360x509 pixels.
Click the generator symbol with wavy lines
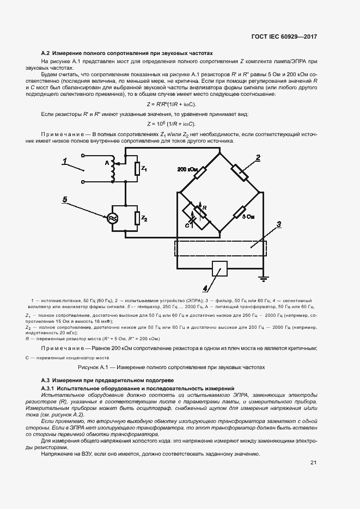click(x=113, y=218)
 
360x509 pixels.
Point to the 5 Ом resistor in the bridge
click(x=240, y=213)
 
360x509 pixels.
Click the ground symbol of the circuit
click(x=265, y=279)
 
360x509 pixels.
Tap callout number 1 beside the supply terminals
click(x=64, y=162)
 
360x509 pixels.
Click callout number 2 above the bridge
click(x=258, y=158)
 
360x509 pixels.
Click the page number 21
click(x=313, y=463)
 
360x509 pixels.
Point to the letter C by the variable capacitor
click(x=187, y=224)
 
